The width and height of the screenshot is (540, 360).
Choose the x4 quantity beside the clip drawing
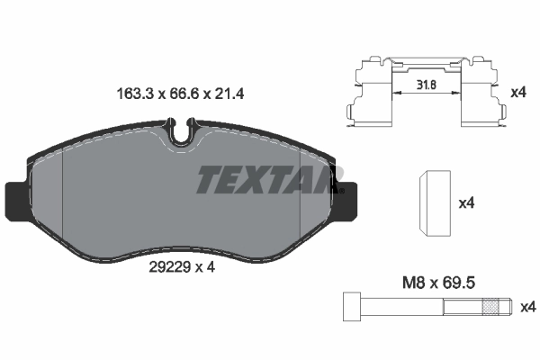coord(517,93)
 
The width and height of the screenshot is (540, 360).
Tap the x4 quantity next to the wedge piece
coord(466,204)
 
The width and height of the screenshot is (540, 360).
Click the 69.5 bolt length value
coord(461,282)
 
